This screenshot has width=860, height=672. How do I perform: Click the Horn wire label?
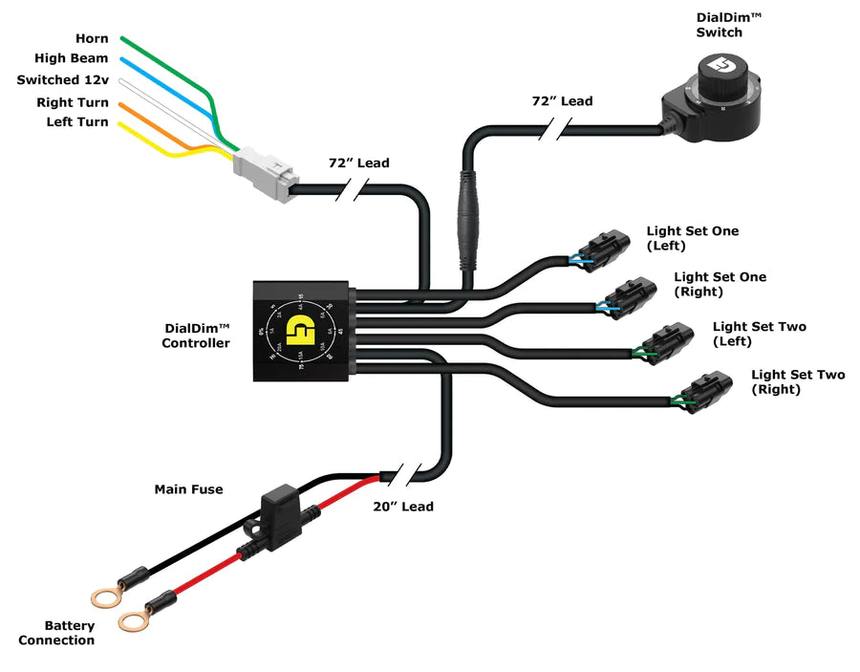click(x=92, y=39)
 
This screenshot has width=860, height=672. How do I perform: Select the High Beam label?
click(x=72, y=58)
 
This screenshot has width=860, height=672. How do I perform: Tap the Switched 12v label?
click(x=62, y=80)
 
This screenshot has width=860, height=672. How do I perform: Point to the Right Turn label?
click(x=73, y=102)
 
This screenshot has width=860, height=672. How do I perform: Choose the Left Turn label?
click(x=77, y=122)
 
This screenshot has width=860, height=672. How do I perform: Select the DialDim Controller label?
click(x=195, y=336)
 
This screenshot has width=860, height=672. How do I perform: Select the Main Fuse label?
click(x=188, y=489)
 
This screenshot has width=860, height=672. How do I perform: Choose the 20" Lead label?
click(x=402, y=507)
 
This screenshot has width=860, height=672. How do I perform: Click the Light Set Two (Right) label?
click(x=797, y=382)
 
